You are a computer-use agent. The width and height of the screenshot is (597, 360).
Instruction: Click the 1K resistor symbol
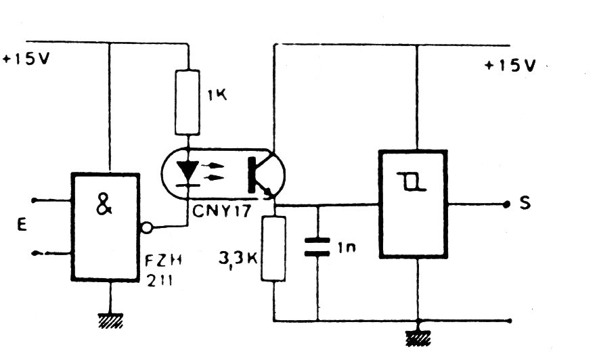(187, 102)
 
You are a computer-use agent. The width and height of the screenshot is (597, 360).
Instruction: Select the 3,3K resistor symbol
(274, 248)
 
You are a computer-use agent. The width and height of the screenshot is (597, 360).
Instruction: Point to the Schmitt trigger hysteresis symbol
(414, 181)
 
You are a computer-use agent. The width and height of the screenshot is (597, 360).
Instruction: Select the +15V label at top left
(27, 59)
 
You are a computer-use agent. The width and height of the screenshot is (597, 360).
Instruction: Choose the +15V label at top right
(510, 66)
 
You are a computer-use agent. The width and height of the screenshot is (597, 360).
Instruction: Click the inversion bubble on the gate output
(145, 227)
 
